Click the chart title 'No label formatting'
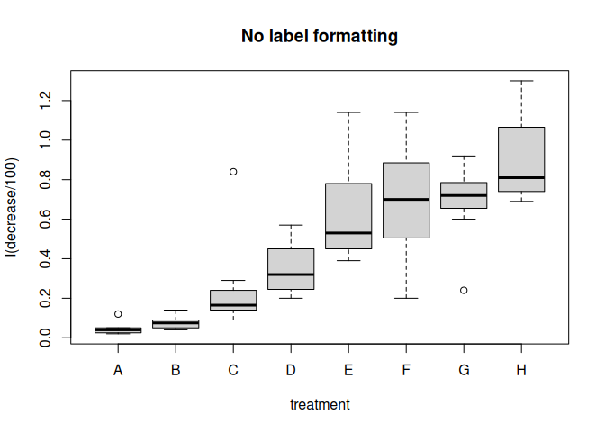(x=320, y=36)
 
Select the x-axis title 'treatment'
(x=320, y=405)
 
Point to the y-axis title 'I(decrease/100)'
(x=11, y=208)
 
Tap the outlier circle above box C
(x=233, y=172)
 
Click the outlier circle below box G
(x=464, y=290)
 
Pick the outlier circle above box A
(x=118, y=314)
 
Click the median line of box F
(x=406, y=200)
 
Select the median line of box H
(x=521, y=178)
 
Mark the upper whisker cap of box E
(x=348, y=112)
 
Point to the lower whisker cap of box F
(x=406, y=298)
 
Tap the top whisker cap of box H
(x=521, y=81)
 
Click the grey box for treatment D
(x=291, y=269)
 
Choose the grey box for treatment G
(x=464, y=195)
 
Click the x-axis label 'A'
(x=118, y=370)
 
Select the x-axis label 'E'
(x=348, y=370)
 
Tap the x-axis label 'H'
(x=521, y=370)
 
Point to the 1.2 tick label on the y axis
(x=45, y=100)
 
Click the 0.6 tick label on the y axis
(x=45, y=219)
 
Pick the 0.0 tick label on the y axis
(x=45, y=337)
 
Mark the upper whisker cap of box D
(x=291, y=225)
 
